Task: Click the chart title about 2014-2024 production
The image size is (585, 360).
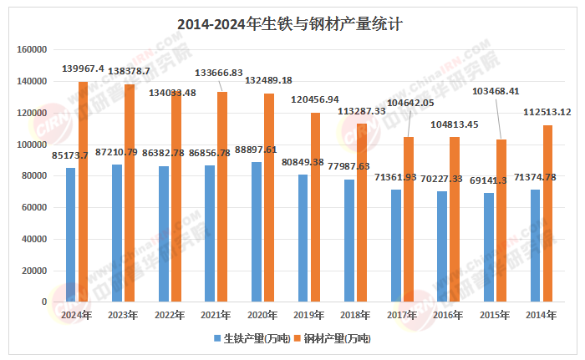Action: (292, 23)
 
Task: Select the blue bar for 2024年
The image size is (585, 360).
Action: (70, 235)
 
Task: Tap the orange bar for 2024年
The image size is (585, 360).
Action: (83, 191)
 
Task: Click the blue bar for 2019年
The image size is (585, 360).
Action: (303, 238)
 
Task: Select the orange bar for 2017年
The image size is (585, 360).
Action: (407, 219)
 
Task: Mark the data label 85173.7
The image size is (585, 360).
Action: (70, 155)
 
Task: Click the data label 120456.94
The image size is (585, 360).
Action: (315, 99)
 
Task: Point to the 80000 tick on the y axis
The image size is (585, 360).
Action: (34, 176)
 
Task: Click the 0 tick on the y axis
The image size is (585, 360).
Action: (44, 302)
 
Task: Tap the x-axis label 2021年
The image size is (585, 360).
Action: (215, 315)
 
